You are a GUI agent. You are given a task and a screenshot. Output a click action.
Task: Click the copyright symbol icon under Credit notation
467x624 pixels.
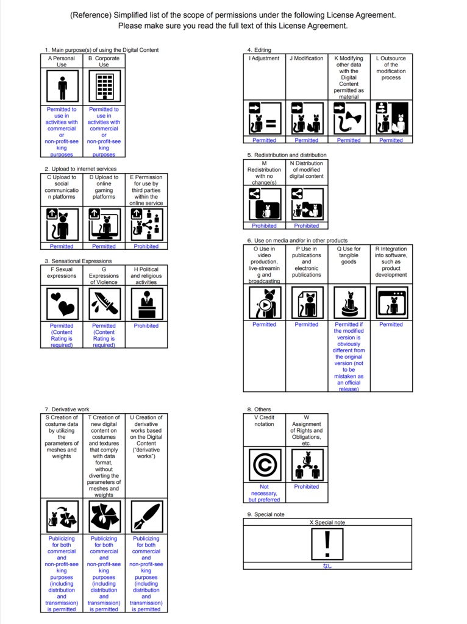pos(264,465)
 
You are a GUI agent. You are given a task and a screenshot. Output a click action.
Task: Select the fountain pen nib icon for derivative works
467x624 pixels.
pos(146,517)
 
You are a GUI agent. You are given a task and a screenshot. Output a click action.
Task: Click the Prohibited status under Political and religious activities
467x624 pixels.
pos(146,326)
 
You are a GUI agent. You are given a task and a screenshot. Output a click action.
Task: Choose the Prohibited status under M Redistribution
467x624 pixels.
pos(264,226)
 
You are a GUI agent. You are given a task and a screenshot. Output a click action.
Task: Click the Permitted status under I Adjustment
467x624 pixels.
pos(264,140)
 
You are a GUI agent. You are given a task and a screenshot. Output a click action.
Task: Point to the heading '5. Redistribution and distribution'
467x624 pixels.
pos(287,155)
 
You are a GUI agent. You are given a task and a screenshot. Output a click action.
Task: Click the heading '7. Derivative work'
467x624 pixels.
pos(67,409)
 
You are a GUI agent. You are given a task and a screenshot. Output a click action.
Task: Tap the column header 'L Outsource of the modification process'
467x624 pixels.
pos(391,68)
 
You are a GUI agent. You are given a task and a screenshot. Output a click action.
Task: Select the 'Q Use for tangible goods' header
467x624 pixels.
pos(349,255)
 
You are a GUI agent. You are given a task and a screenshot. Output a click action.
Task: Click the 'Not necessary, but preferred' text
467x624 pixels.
pos(264,493)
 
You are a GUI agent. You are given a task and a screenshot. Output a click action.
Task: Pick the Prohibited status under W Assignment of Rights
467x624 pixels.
pos(307,487)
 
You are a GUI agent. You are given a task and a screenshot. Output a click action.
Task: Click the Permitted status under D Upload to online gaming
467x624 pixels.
pos(104,247)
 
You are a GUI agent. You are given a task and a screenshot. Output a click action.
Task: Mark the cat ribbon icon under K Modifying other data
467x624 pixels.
pos(349,118)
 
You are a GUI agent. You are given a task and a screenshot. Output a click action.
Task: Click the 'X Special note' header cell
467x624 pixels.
pos(327,523)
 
